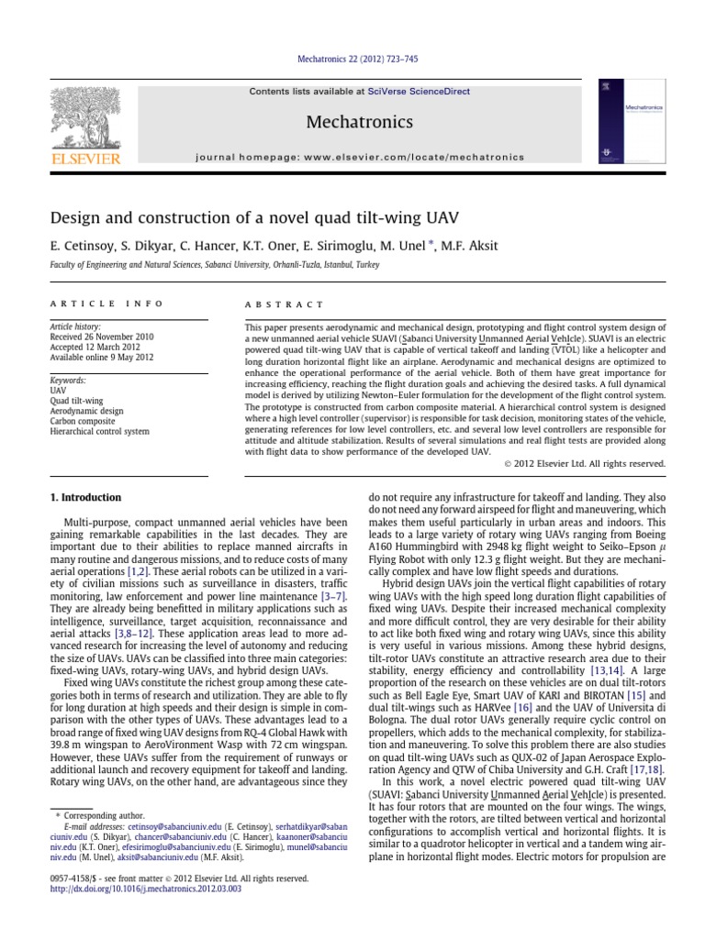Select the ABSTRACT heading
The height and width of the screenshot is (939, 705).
click(x=285, y=304)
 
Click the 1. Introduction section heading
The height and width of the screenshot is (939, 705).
click(x=84, y=498)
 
